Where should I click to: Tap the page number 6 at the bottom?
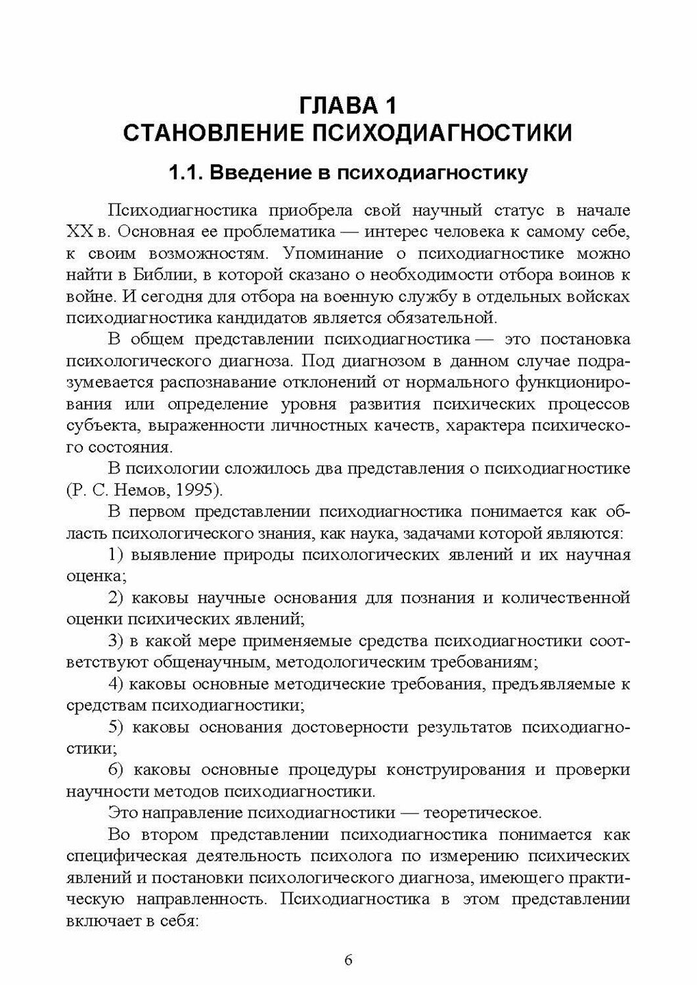coord(348,959)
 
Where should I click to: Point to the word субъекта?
coord(102,426)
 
